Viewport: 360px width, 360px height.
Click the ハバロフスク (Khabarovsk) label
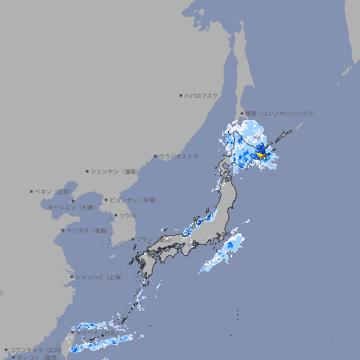tap(202, 95)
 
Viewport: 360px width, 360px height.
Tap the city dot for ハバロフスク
tap(181, 95)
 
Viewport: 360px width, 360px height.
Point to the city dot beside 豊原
tap(242, 113)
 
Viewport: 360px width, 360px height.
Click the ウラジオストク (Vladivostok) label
tap(179, 156)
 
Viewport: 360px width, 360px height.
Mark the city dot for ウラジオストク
tap(155, 156)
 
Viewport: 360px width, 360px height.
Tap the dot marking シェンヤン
tap(88, 171)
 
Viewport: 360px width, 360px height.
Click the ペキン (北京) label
tap(54, 191)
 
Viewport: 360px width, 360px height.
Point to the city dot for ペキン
tap(32, 191)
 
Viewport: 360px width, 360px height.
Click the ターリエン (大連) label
tap(71, 207)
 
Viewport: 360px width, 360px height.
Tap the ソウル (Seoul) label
tap(127, 215)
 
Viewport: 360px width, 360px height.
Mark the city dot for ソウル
tap(115, 215)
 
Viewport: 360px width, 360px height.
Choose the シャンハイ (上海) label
tap(99, 277)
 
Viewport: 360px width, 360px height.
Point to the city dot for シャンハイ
tap(72, 277)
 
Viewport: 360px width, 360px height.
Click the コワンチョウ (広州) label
tap(36, 349)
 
